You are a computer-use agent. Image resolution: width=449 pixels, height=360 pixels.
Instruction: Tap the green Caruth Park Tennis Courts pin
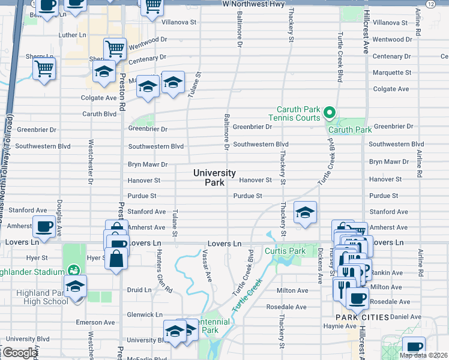pyautogui.click(x=329, y=112)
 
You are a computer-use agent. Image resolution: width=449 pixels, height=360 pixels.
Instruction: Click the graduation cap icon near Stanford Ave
pyautogui.click(x=305, y=212)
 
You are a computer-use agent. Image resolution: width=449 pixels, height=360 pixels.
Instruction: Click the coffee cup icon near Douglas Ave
pyautogui.click(x=44, y=226)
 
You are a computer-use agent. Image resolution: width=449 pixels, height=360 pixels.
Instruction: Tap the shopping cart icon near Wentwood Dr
pyautogui.click(x=115, y=48)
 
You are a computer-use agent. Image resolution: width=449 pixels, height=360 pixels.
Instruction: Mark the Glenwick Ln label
pyautogui.click(x=145, y=314)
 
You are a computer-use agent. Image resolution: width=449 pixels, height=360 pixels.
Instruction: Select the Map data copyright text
pyautogui.click(x=423, y=355)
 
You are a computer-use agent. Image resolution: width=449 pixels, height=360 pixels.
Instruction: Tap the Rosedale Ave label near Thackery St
pyautogui.click(x=286, y=307)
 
